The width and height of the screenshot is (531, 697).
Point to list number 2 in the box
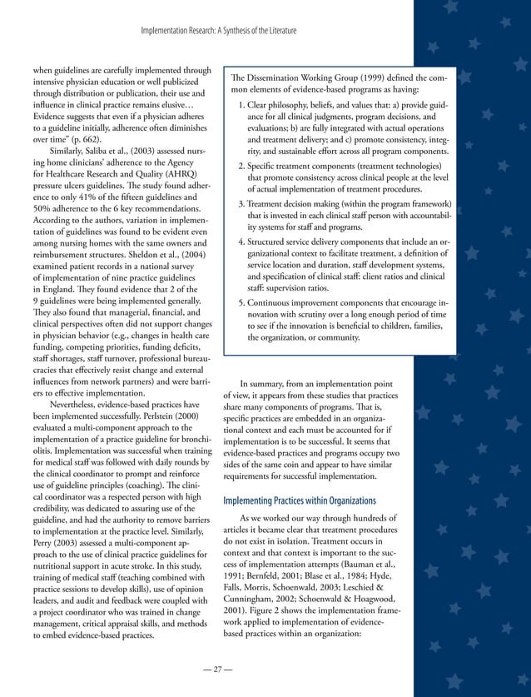[242, 167]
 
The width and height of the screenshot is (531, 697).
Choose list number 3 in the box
[242, 204]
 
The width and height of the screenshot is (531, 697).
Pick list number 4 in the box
[242, 241]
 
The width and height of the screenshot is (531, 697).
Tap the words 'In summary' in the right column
[265, 383]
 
